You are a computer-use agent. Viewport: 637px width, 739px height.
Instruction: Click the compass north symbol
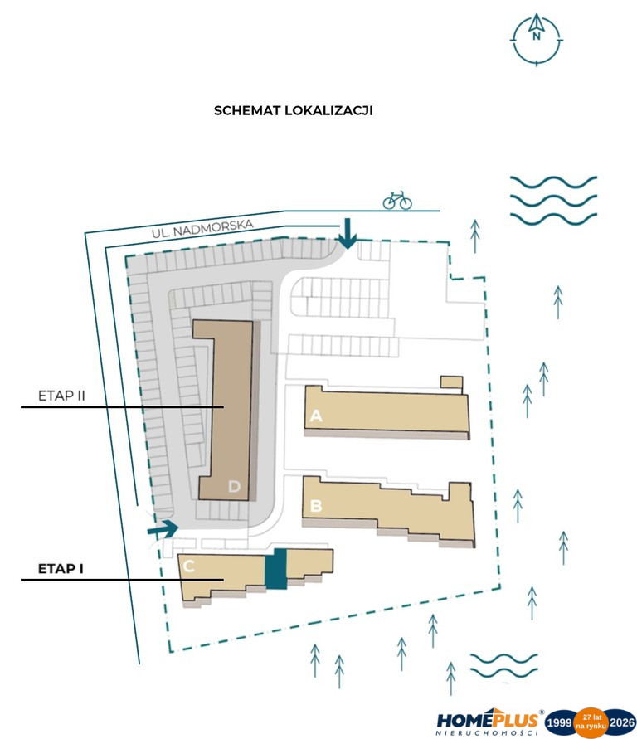[537, 40]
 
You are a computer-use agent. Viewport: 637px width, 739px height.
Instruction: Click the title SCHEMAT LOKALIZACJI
[293, 111]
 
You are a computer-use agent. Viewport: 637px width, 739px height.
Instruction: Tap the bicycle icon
[397, 201]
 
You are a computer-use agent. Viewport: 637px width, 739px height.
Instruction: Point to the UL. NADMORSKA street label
[202, 228]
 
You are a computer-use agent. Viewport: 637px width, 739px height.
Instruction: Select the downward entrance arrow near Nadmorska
[348, 233]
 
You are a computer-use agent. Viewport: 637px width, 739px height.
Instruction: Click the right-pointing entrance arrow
[163, 529]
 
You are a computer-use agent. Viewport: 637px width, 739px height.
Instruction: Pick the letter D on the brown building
[234, 486]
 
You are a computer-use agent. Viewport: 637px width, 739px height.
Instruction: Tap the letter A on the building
[316, 416]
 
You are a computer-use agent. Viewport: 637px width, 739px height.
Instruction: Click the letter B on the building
[316, 506]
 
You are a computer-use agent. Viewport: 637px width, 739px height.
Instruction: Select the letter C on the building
[188, 566]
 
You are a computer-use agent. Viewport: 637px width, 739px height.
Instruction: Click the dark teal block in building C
[276, 568]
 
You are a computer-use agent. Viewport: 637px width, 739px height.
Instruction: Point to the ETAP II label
[61, 396]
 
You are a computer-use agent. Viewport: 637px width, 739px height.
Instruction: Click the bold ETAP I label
[61, 569]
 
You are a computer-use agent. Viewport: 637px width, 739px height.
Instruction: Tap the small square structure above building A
[451, 382]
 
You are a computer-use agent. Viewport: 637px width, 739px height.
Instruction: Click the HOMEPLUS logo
[488, 721]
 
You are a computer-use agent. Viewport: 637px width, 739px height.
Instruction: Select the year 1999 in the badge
[559, 722]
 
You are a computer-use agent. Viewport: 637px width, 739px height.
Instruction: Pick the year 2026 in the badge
[622, 722]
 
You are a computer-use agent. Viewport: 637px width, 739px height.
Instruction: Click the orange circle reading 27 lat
[591, 722]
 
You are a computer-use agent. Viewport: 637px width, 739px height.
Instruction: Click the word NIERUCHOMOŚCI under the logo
[487, 733]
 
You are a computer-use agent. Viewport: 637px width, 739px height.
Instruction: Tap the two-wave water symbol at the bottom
[503, 665]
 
